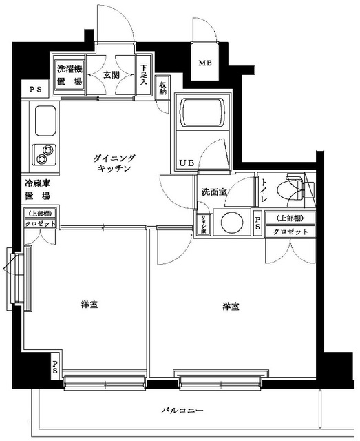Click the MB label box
(206, 64)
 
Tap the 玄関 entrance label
(112, 74)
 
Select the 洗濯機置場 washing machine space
(69, 74)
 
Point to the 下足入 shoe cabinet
(144, 75)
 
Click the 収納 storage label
(162, 88)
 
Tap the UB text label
(187, 163)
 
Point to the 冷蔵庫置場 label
(39, 189)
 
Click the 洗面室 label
(213, 192)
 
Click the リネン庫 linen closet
(205, 225)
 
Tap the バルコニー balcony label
(182, 411)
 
